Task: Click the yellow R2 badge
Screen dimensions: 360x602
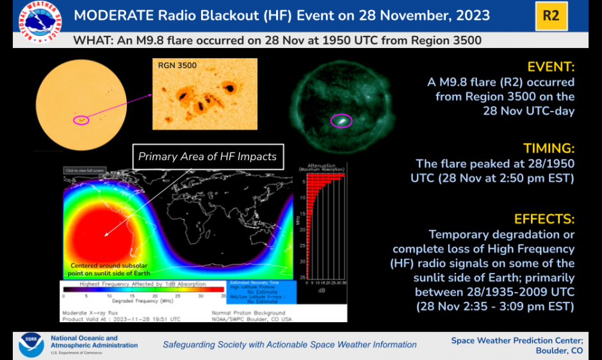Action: (551, 16)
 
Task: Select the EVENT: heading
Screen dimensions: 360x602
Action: (551, 67)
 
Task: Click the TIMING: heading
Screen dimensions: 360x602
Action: (549, 149)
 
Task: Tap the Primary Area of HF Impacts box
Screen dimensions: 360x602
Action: (207, 156)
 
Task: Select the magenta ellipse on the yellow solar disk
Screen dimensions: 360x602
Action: (81, 119)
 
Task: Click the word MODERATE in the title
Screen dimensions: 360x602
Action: (110, 15)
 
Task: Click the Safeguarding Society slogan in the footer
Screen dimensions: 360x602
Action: (289, 345)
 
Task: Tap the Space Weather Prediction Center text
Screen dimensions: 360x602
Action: (517, 340)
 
